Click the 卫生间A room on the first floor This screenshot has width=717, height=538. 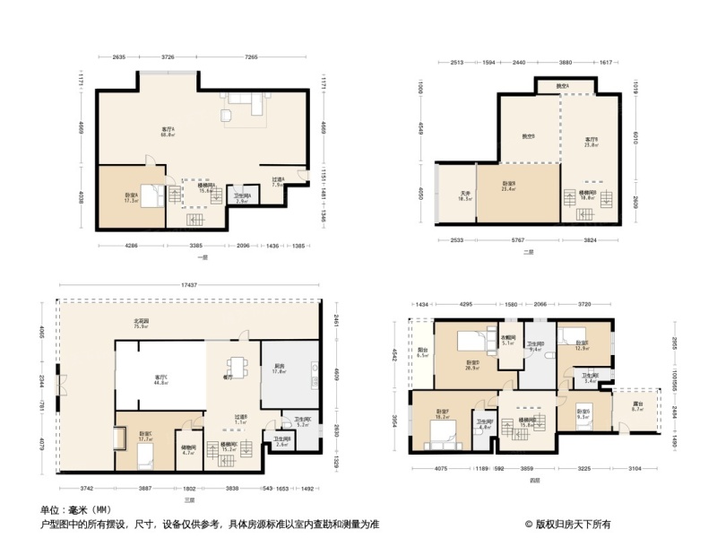(x=241, y=198)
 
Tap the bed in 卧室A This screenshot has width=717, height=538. (x=153, y=195)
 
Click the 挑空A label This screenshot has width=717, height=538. (x=562, y=86)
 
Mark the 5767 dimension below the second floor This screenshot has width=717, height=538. (x=520, y=241)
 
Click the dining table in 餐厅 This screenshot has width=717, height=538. (x=236, y=368)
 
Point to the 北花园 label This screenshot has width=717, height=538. (x=140, y=324)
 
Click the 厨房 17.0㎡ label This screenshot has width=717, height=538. (x=279, y=369)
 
